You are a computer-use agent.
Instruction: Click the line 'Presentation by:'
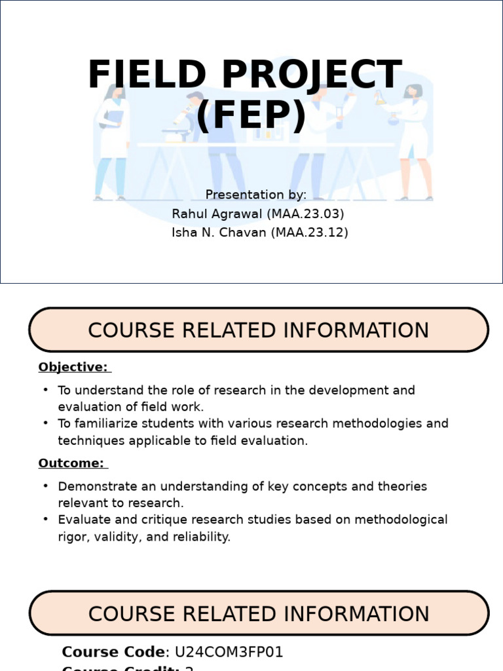(255, 195)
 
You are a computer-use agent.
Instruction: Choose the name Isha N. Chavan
(218, 233)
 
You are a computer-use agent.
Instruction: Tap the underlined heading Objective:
(73, 367)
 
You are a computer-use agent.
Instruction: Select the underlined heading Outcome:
(71, 463)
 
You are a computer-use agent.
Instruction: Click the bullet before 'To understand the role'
(46, 390)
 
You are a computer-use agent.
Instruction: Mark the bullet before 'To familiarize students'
(46, 423)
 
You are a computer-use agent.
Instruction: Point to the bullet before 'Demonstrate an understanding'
(46, 486)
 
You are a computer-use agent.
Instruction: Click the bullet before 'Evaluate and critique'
(46, 520)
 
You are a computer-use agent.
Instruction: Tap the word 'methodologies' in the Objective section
(379, 423)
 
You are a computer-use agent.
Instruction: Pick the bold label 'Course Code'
(113, 652)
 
